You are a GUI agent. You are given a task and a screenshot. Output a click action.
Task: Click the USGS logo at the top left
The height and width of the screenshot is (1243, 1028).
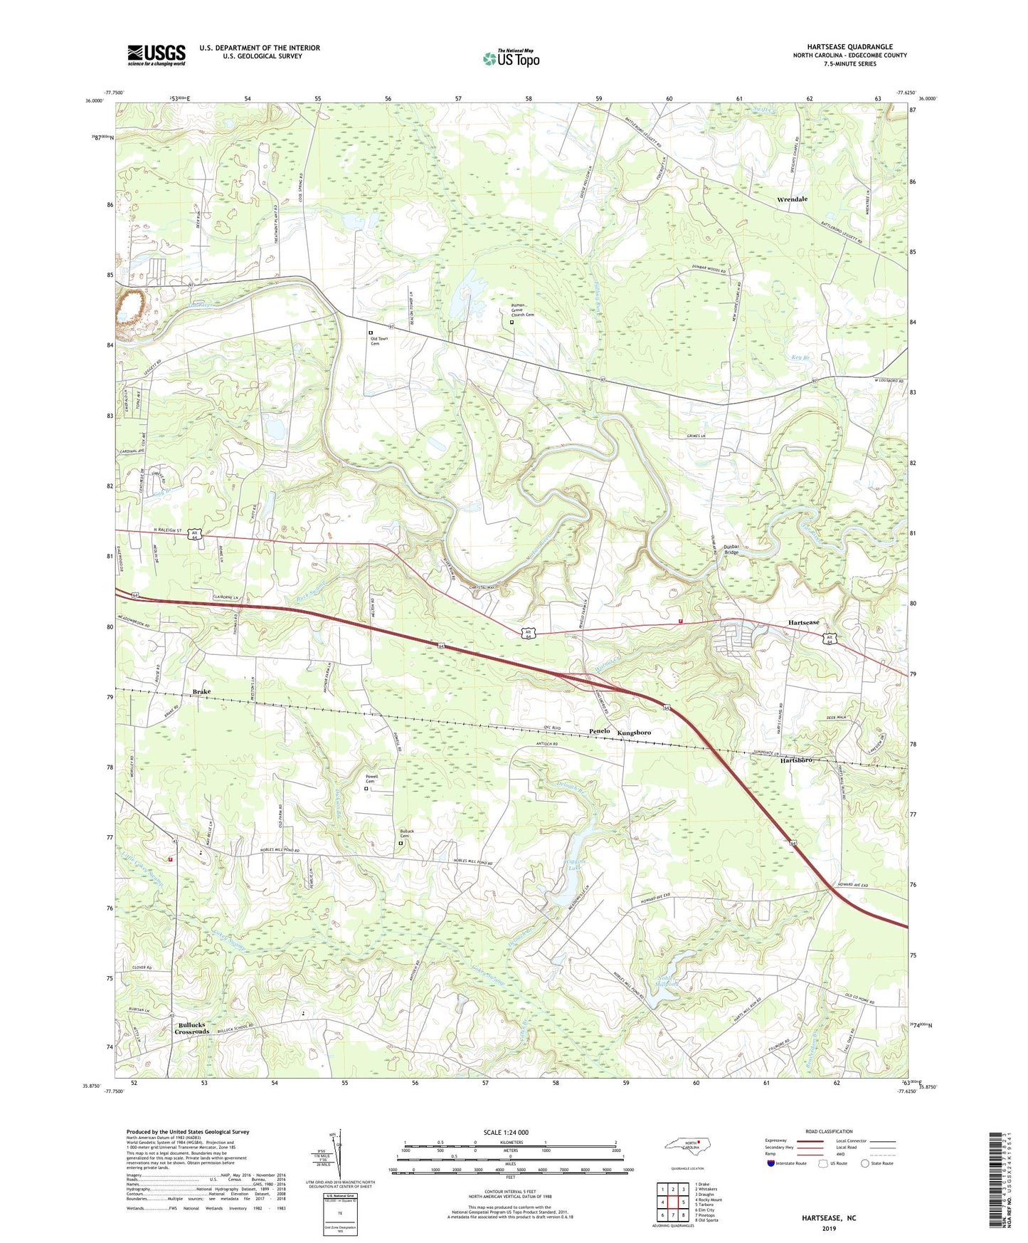coord(157,55)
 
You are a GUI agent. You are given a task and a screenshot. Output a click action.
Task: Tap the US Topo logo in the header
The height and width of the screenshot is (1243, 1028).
coord(511,59)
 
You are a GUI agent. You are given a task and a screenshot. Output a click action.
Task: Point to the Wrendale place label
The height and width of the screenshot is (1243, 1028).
coord(792,199)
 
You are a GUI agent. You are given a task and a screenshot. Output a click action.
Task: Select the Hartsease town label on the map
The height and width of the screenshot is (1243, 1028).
coord(803,623)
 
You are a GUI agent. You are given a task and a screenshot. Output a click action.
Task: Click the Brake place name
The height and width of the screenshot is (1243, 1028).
coord(201,691)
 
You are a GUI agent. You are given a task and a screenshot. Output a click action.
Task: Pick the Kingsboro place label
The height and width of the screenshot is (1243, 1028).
coord(634,733)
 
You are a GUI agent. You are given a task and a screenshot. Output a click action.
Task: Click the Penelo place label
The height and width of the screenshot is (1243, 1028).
coord(599,732)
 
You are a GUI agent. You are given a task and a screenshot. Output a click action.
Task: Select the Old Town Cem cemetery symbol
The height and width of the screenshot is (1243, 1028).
coord(370,332)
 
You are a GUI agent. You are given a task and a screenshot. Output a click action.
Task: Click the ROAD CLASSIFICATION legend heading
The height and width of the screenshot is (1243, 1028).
coord(829,1131)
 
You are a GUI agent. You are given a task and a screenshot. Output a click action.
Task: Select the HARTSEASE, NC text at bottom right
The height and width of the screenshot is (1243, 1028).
coord(830,1218)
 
